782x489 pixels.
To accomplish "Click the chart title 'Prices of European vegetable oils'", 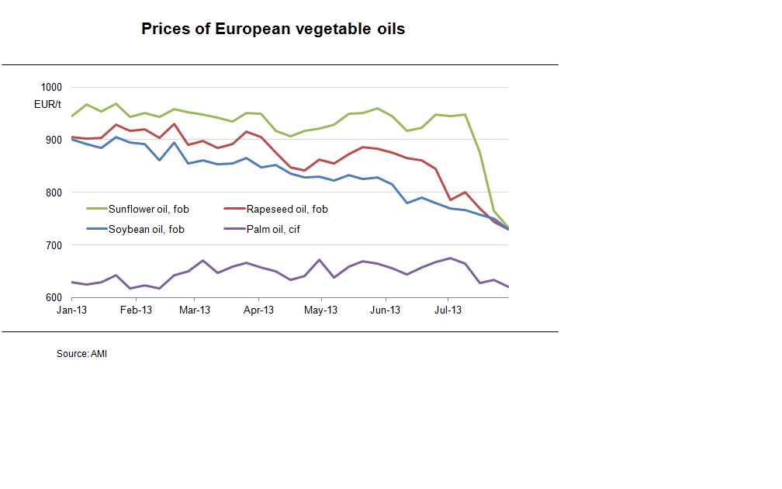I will (272, 29).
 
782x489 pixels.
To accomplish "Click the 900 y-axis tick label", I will (54, 140).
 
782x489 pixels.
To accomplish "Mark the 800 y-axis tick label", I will (54, 192).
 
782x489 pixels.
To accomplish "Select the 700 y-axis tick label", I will (54, 245).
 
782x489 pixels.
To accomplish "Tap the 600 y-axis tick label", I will (54, 298).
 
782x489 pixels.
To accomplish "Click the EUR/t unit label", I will (48, 104).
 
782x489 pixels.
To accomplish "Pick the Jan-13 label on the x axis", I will (71, 310).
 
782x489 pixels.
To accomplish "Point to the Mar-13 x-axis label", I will (195, 310).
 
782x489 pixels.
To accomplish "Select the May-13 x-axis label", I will (320, 310).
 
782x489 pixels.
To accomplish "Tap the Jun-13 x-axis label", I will (385, 310).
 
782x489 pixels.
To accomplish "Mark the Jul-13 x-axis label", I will (447, 310).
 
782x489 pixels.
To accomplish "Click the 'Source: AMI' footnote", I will (81, 354).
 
